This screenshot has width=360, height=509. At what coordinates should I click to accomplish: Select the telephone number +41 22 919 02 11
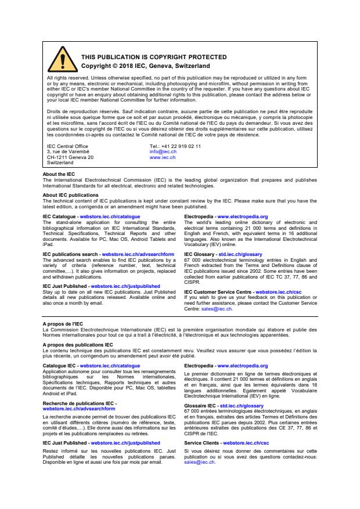(x=175, y=146)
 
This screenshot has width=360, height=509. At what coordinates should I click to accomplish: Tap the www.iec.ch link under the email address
(x=163, y=157)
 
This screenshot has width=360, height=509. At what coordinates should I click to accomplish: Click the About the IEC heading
(x=59, y=174)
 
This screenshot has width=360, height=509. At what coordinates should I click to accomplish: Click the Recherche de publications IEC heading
(x=78, y=403)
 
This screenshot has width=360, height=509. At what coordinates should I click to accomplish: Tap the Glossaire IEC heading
(x=199, y=406)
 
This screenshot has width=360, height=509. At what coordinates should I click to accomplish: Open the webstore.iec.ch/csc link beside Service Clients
(x=248, y=443)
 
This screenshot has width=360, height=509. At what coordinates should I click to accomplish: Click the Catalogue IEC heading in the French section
(x=60, y=366)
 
